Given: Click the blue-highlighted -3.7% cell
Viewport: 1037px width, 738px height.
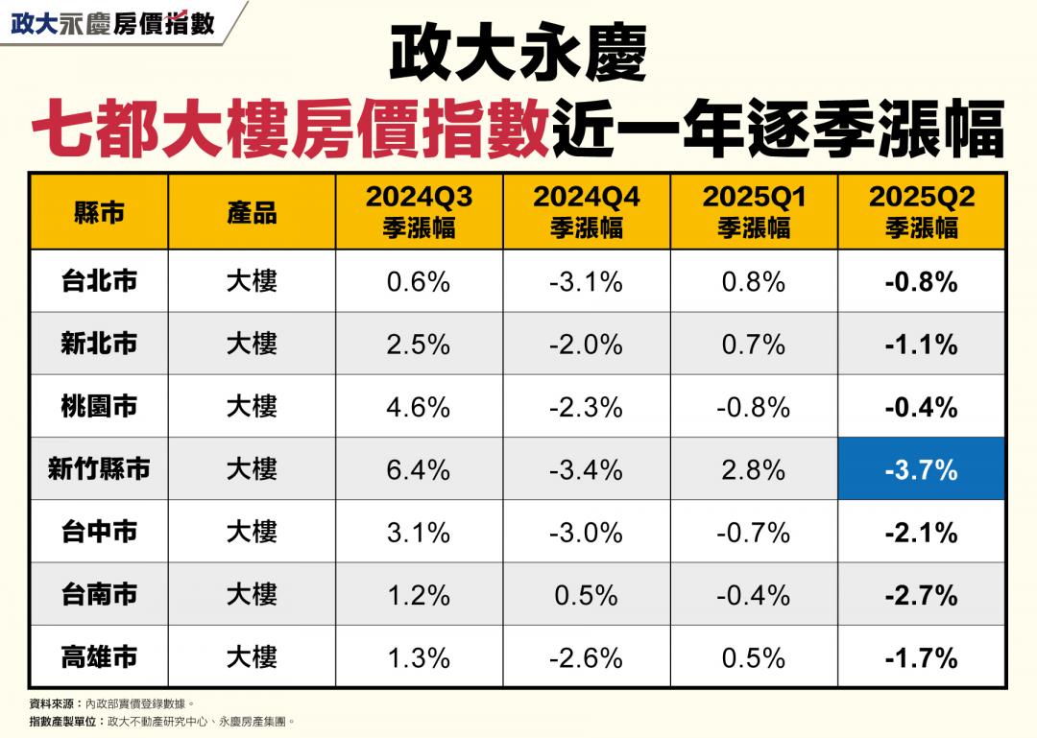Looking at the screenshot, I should point(921,469).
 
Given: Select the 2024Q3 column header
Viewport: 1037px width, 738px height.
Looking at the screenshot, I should point(419,211).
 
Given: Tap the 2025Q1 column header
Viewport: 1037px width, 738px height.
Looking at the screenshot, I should point(754,211).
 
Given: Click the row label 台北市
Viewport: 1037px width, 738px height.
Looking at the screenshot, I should point(99,281).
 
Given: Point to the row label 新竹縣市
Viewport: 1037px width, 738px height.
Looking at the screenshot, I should point(99,469).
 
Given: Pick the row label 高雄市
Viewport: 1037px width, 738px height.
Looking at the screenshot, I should point(99,657).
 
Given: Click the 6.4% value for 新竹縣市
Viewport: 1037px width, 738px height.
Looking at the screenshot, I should point(419,469).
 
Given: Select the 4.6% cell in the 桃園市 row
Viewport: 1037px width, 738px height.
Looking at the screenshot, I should point(419,407).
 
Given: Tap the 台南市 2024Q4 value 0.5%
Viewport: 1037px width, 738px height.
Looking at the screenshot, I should point(586,595).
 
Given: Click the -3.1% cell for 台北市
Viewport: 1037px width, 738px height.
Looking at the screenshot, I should point(586,281).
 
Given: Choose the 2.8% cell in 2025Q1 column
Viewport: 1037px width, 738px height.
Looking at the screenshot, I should point(754,469).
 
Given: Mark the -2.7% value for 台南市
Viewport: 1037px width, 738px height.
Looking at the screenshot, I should point(921,595).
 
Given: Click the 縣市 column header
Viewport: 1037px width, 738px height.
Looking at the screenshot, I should point(99,212).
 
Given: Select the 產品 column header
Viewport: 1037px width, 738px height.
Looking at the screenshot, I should point(252,212).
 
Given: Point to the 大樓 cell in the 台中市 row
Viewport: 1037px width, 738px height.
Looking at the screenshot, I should point(252,532).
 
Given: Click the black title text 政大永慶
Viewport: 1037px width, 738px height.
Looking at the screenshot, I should point(518,55).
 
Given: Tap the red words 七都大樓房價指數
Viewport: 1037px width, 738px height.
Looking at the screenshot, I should point(290,128).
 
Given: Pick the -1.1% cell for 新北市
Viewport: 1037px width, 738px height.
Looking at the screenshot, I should point(921,344).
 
